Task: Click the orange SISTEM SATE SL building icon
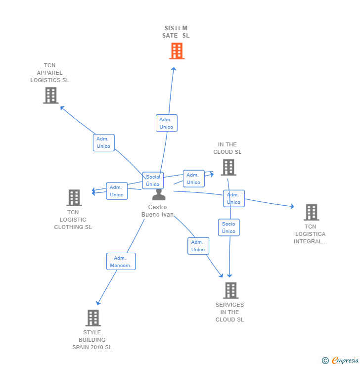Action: click(x=177, y=51)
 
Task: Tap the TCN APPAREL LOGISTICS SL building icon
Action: click(x=51, y=95)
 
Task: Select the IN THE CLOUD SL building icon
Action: click(x=228, y=167)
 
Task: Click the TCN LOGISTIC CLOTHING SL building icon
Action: click(x=74, y=198)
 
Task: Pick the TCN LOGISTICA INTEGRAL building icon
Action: click(x=311, y=212)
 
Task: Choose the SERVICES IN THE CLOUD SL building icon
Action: click(x=230, y=290)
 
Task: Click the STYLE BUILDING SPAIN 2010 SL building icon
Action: click(x=93, y=318)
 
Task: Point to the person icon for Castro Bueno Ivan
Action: click(x=159, y=194)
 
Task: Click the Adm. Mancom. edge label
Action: click(x=121, y=262)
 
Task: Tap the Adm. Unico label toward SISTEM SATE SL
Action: click(x=166, y=123)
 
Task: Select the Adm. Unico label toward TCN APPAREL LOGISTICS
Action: click(x=104, y=142)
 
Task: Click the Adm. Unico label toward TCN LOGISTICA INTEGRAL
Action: click(x=233, y=198)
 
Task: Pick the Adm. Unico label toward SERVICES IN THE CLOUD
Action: click(x=198, y=246)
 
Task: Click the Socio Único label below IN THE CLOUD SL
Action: click(x=228, y=228)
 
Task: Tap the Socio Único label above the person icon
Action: click(x=153, y=181)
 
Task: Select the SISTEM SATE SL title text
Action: click(x=176, y=32)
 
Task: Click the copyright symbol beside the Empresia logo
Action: click(x=325, y=361)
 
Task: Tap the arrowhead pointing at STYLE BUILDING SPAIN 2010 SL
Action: click(x=98, y=303)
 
